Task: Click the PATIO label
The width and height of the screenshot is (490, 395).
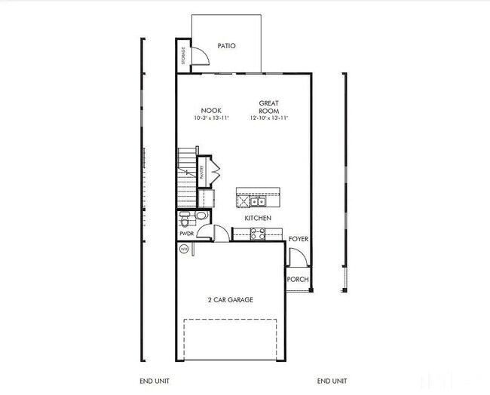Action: pos(226,46)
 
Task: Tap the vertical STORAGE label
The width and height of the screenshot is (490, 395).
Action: pos(182,56)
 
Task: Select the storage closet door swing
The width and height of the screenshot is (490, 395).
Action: pos(198,57)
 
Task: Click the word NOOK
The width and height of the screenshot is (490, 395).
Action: pos(210,110)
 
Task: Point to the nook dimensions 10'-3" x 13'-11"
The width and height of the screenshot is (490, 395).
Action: pos(210,118)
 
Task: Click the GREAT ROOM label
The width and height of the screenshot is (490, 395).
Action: pos(269,106)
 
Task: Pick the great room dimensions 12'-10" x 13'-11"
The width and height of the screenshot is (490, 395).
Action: pos(269,118)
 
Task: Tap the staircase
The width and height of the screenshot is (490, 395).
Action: pos(186,177)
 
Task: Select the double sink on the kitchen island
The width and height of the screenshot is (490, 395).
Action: pos(257,201)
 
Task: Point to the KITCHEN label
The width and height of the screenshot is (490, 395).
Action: pos(258,218)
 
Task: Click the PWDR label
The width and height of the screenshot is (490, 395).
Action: pos(187,234)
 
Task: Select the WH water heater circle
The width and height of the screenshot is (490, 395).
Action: pos(183,249)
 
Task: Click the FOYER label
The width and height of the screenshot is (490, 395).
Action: pos(299,239)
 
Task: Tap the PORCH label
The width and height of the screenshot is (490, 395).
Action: pos(298,280)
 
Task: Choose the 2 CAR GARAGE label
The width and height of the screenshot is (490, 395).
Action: pos(230,300)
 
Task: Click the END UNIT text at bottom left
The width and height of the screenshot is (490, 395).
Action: pos(155,381)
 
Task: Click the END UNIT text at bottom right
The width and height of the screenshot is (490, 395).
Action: pos(332,381)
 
